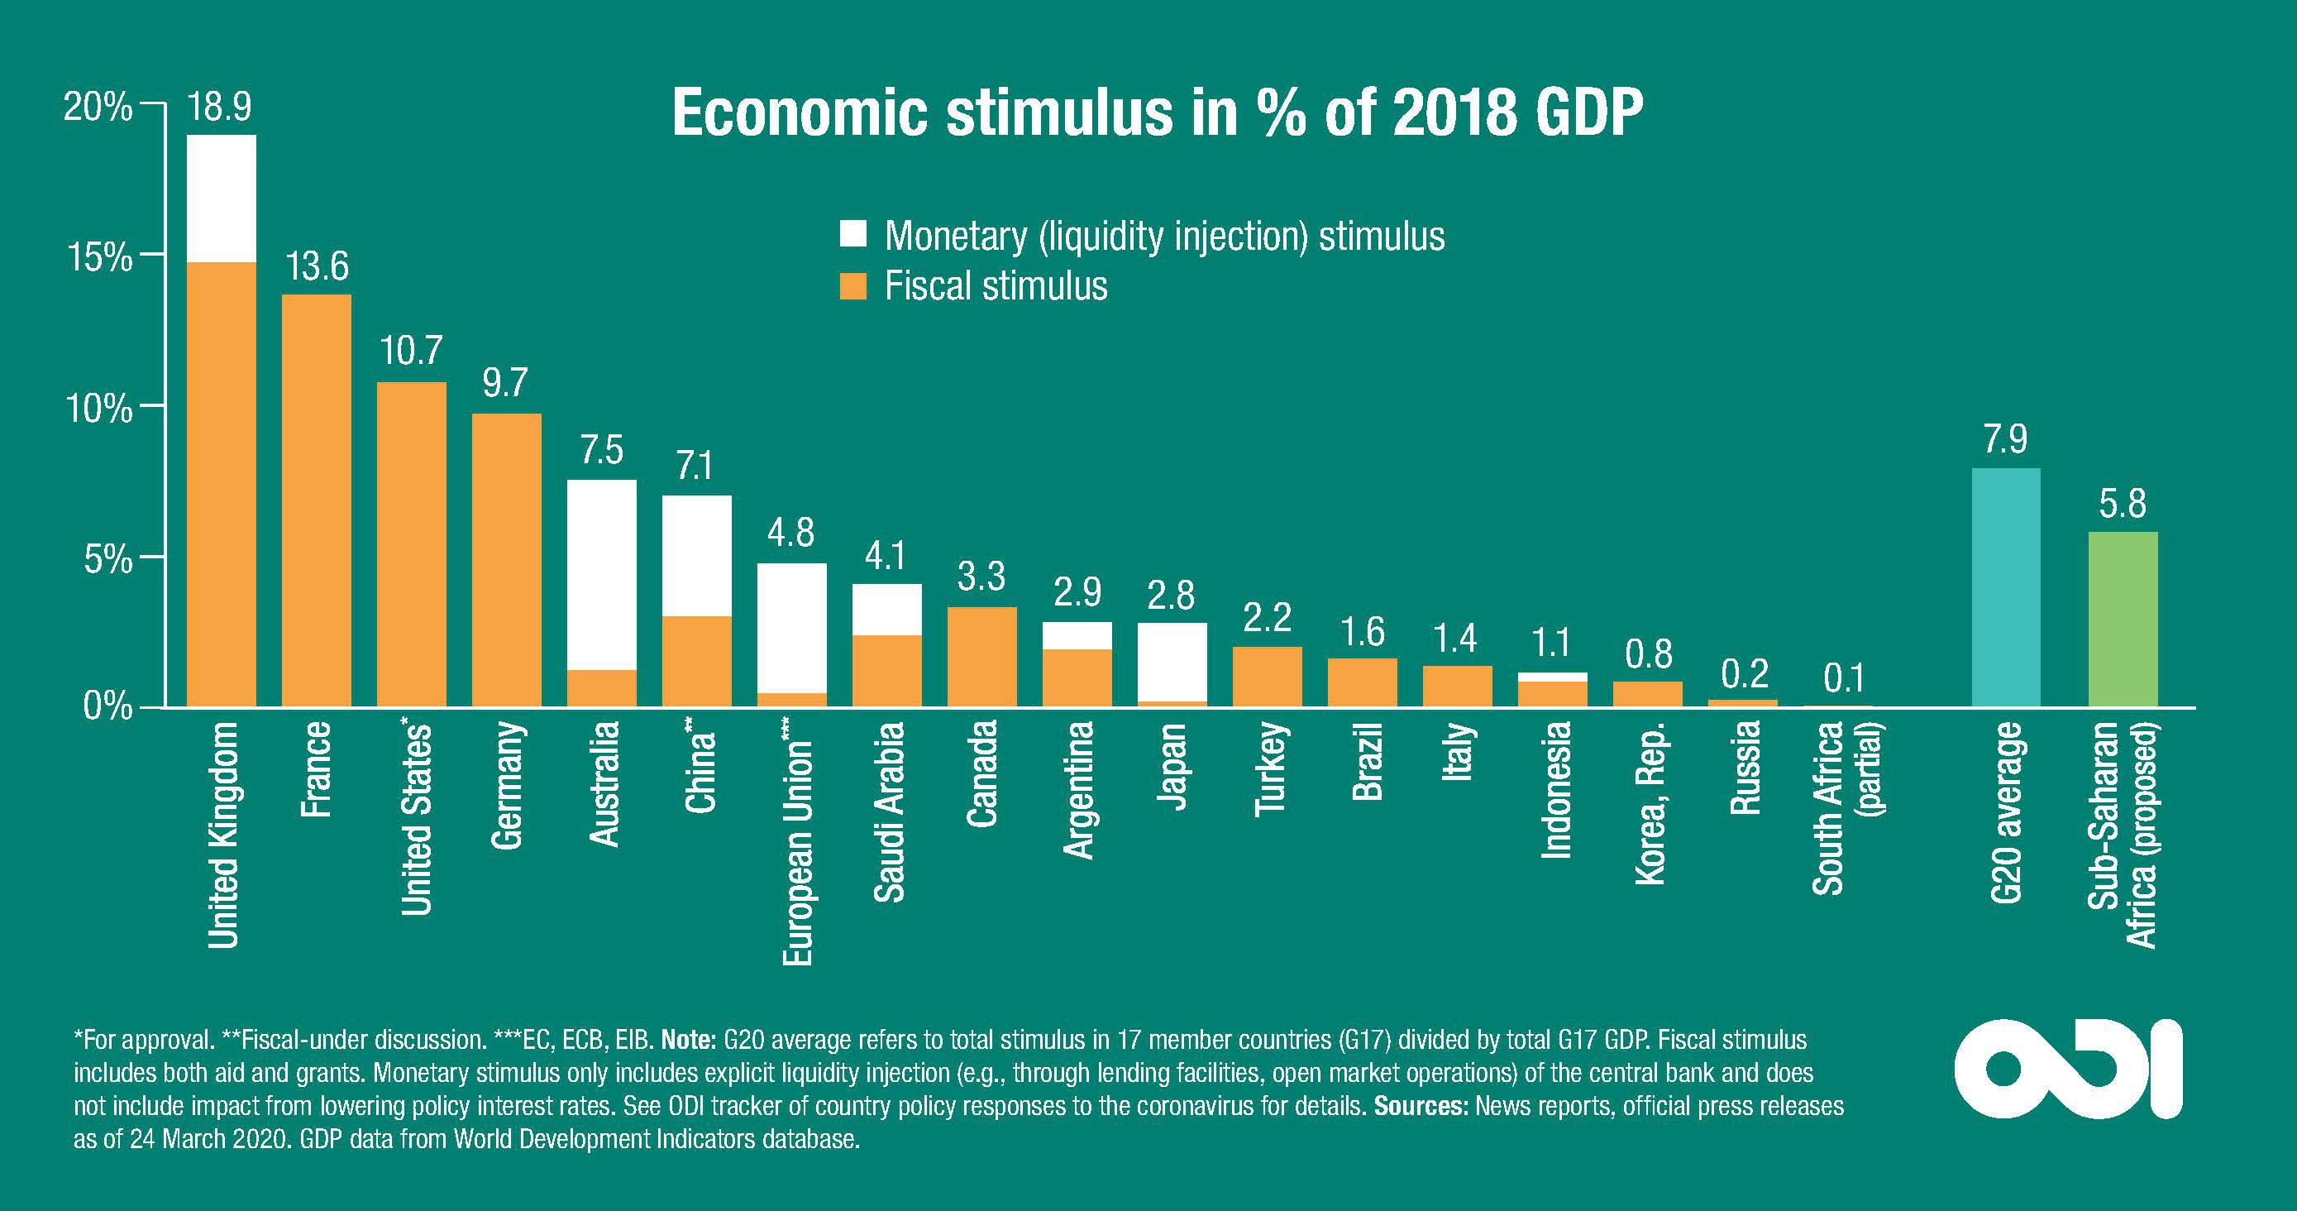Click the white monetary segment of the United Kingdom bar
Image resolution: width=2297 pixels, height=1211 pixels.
[x=221, y=198]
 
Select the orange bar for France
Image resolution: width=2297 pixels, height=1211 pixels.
[x=317, y=500]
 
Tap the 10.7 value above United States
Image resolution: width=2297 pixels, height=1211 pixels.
[x=411, y=351]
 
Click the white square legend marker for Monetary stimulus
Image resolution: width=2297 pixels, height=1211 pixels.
[x=853, y=235]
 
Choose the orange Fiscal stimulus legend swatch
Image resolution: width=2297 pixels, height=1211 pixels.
[x=853, y=286]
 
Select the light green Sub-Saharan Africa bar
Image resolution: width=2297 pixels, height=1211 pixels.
[x=2123, y=619]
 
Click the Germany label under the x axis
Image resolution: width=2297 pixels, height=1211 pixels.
[x=507, y=785]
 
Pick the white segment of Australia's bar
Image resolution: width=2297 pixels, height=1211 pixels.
[x=602, y=574]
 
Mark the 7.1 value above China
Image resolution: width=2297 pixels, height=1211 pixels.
[x=695, y=466]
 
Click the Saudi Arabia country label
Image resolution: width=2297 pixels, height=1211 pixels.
[x=889, y=811]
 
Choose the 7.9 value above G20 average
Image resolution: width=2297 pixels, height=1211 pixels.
[x=2005, y=439]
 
